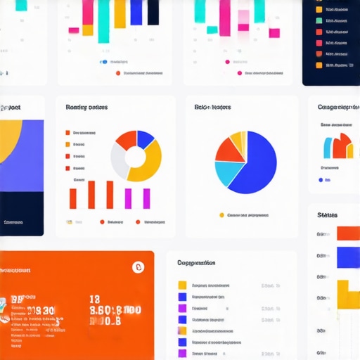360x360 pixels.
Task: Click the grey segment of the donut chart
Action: click(118, 160)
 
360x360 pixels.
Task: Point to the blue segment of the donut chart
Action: click(145, 138)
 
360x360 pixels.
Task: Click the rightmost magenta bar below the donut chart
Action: click(146, 197)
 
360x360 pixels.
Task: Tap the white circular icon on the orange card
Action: click(138, 266)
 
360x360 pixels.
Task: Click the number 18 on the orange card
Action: click(95, 299)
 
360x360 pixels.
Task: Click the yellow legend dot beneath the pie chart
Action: click(222, 215)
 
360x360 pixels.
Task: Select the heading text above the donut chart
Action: click(86, 108)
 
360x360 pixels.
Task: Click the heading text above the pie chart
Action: click(212, 108)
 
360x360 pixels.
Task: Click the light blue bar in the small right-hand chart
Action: click(328, 148)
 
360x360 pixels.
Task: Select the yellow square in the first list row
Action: click(182, 285)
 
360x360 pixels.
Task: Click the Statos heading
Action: click(328, 215)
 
